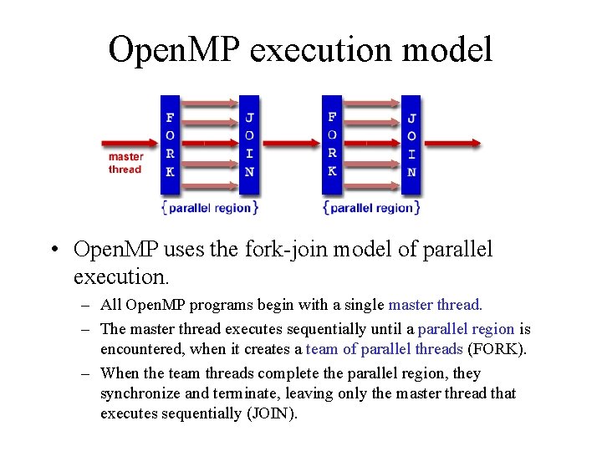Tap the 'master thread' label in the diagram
pyautogui.click(x=125, y=163)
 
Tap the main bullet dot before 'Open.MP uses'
pyautogui.click(x=53, y=250)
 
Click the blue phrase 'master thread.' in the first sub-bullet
pyautogui.click(x=436, y=306)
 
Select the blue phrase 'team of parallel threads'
pyautogui.click(x=385, y=349)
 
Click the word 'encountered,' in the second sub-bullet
pyautogui.click(x=140, y=349)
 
